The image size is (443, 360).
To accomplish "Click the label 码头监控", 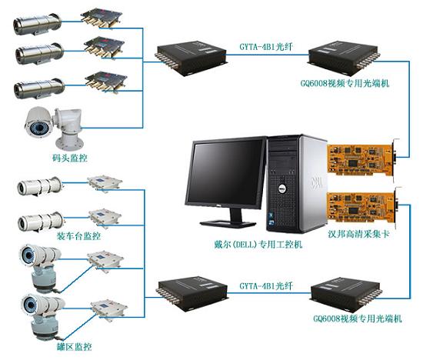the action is [70, 158].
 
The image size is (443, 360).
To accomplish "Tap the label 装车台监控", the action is [78, 235].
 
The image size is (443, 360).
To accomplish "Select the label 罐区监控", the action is [75, 346].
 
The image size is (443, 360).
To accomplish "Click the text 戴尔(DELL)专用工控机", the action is [258, 244].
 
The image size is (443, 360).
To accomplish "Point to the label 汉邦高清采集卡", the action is [358, 234].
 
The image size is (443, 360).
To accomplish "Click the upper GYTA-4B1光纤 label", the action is [265, 46].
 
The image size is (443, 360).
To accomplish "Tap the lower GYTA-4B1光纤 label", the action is [265, 286].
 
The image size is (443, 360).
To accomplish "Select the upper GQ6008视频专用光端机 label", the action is [345, 83].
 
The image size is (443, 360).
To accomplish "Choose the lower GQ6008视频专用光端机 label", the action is [358, 318].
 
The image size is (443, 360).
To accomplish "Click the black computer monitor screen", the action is [227, 173].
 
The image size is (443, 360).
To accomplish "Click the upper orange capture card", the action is [363, 160].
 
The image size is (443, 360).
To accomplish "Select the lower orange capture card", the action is [364, 208].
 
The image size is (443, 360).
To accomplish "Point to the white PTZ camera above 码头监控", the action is [55, 128].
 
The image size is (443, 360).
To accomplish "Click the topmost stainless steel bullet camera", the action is [37, 24].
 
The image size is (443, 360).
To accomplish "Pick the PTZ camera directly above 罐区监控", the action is [44, 317].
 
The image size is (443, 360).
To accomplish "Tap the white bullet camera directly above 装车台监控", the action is [41, 222].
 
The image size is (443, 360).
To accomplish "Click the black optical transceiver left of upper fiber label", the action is [192, 58].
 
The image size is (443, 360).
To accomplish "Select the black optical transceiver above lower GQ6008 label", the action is [345, 295].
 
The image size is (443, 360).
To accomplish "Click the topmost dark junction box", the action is [102, 18].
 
